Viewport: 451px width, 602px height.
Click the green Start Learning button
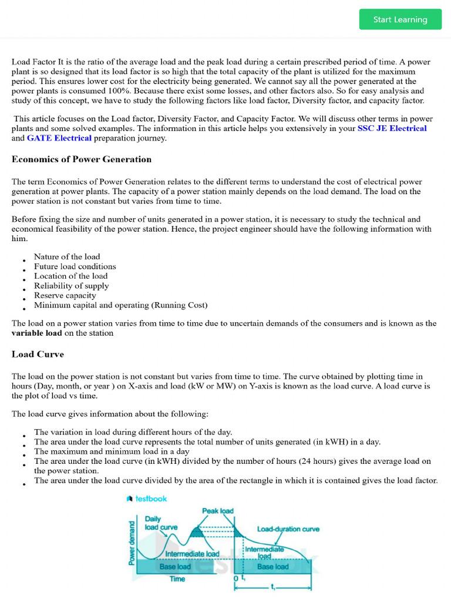coord(400,19)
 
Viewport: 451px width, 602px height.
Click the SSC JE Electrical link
coord(392,128)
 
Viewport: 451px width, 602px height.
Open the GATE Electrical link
coord(59,138)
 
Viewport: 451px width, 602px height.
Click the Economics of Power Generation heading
coord(82,159)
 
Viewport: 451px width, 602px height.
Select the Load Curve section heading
coord(38,354)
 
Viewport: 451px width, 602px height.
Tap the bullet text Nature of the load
coord(67,257)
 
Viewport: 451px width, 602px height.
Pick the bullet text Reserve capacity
coord(65,296)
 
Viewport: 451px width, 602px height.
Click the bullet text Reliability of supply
coord(71,286)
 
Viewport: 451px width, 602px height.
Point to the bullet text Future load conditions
coord(75,266)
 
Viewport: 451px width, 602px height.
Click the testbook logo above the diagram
coord(147,499)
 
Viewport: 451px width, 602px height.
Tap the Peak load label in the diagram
coord(218,511)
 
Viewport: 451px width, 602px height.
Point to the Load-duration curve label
coord(288,529)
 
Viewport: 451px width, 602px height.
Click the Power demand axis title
coord(132,543)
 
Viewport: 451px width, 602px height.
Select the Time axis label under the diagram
coord(177,579)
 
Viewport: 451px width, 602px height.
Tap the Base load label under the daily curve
coord(175,567)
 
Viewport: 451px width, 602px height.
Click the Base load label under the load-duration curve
coord(273,567)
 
